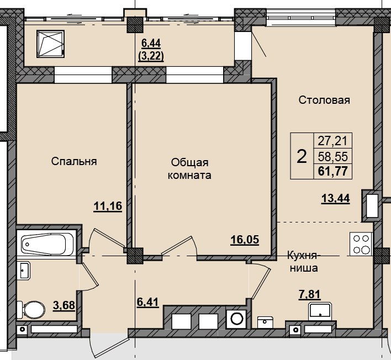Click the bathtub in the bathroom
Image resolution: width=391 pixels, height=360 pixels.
click(x=46, y=244)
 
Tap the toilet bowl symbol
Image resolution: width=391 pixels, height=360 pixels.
click(x=31, y=310)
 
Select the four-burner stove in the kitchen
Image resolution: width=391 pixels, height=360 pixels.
click(x=361, y=244)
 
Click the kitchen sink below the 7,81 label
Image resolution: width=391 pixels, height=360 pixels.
click(x=320, y=311)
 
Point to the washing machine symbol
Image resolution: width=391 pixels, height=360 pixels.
click(x=237, y=319)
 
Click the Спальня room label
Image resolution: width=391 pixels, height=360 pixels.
click(x=74, y=161)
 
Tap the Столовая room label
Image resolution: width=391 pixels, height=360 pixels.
click(x=324, y=100)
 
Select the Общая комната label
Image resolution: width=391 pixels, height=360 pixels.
click(x=189, y=169)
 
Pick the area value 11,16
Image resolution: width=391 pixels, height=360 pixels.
click(x=108, y=206)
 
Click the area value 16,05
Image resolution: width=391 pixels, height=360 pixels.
click(x=245, y=240)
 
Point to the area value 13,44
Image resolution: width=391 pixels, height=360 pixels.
click(x=336, y=199)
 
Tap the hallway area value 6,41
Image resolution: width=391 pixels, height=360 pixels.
click(x=147, y=302)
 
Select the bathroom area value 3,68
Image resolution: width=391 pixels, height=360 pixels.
click(x=64, y=305)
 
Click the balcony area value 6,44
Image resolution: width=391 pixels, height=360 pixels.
click(x=151, y=44)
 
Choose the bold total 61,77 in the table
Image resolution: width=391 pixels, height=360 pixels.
click(x=333, y=172)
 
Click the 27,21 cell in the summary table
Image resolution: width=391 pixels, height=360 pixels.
click(x=332, y=141)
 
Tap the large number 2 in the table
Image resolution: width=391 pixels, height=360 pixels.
click(x=302, y=157)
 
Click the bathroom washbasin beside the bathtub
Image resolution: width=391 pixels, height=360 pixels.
click(x=24, y=270)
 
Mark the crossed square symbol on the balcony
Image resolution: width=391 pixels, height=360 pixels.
click(x=50, y=44)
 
